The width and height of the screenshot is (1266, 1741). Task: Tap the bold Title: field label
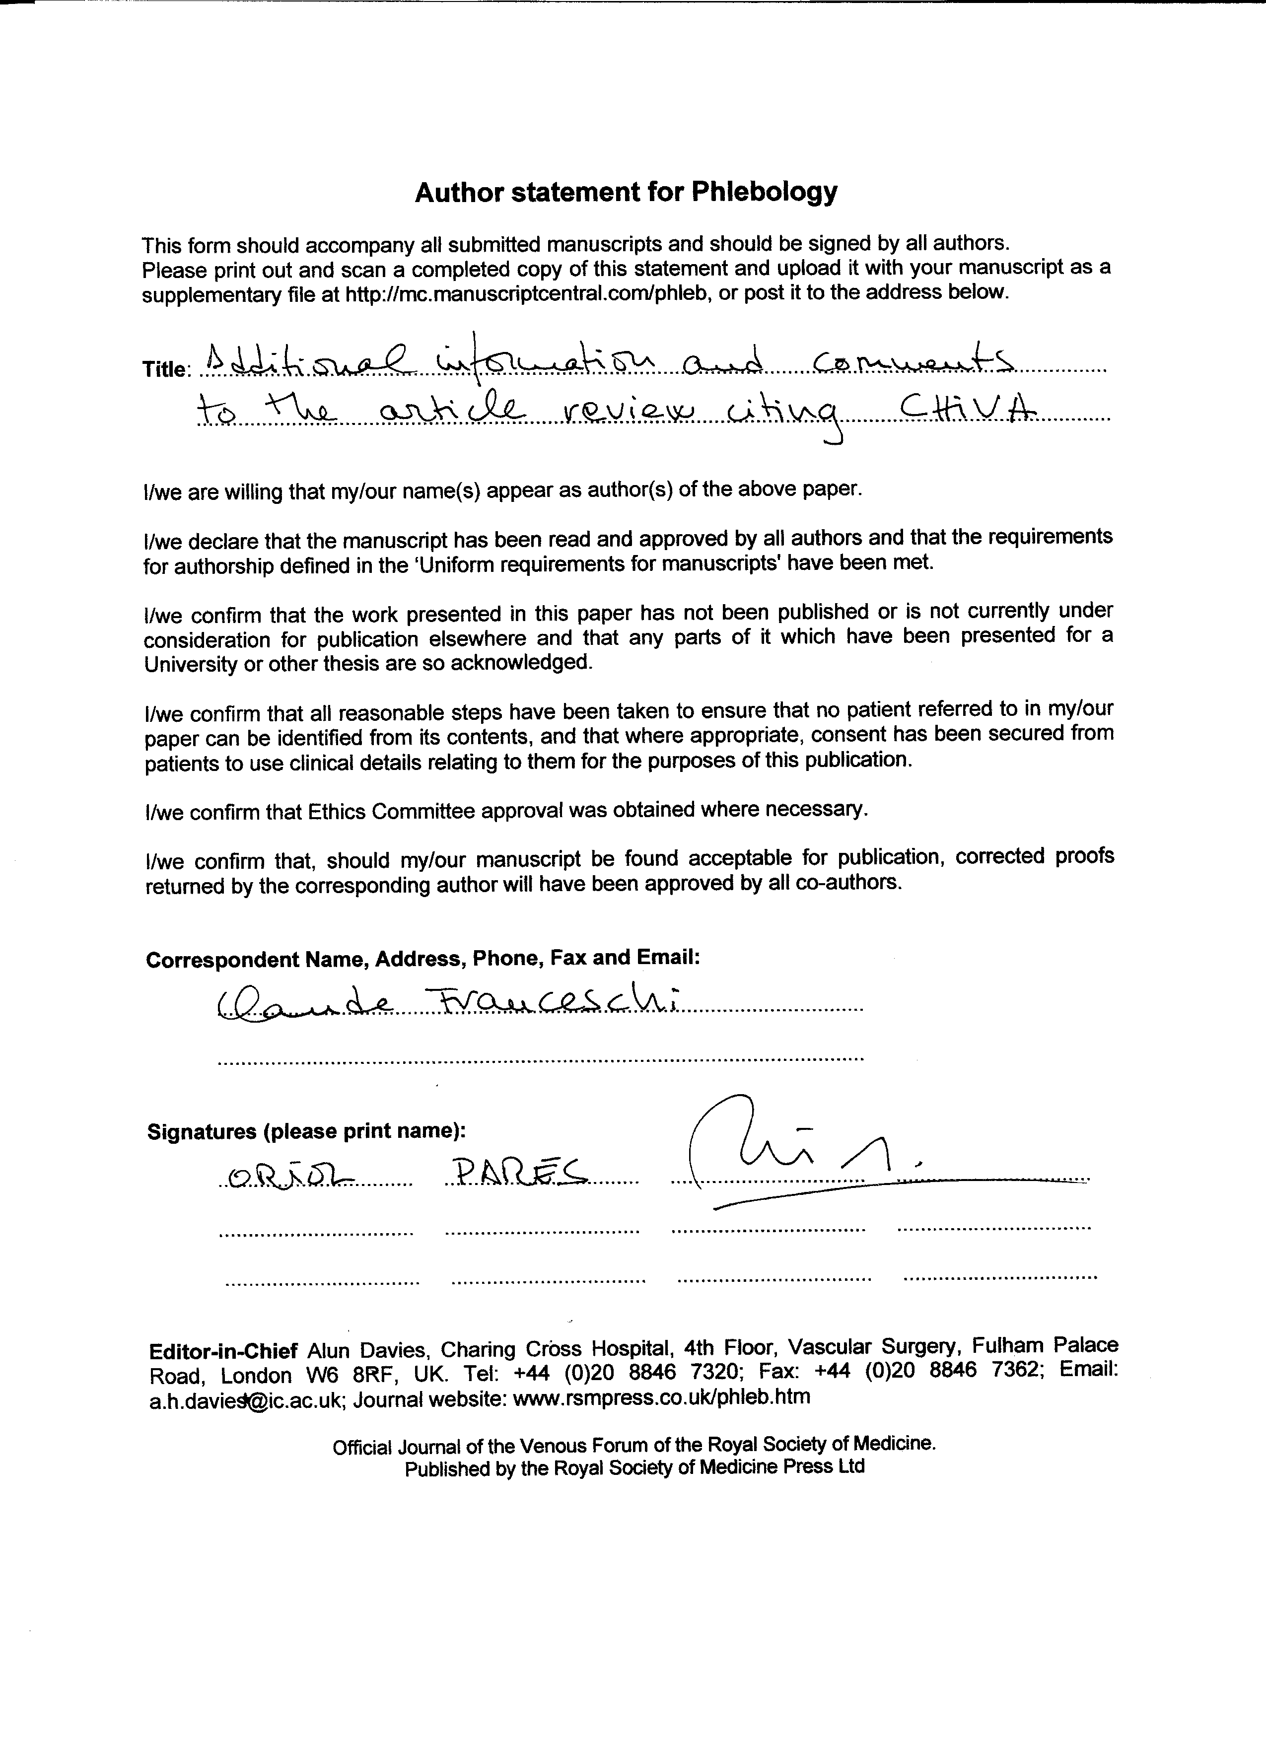tap(165, 369)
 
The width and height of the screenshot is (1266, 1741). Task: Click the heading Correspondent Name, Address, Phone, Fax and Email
tap(422, 959)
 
